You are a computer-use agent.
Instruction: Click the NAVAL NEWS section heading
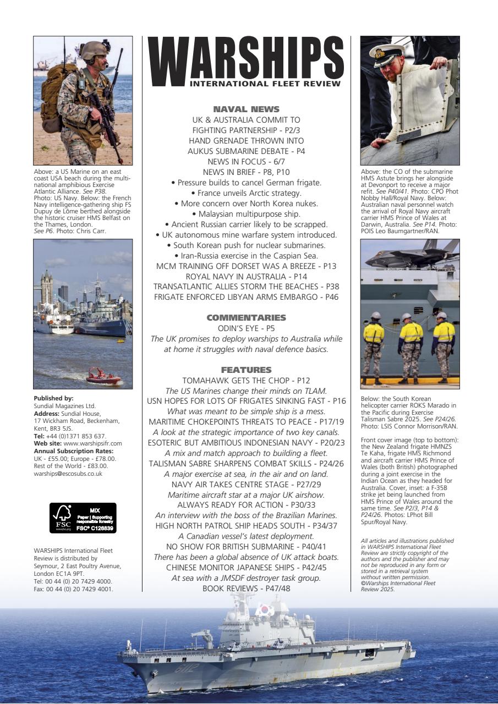coord(246,109)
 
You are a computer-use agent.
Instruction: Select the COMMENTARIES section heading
coord(246,318)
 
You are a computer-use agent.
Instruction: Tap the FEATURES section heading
coord(246,370)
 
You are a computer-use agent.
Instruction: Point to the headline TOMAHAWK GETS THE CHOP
coord(246,380)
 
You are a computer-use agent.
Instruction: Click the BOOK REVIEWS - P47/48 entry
coord(246,588)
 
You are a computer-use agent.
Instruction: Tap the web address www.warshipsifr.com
coord(92,443)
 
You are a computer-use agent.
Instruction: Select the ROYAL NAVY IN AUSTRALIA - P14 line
coord(246,276)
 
